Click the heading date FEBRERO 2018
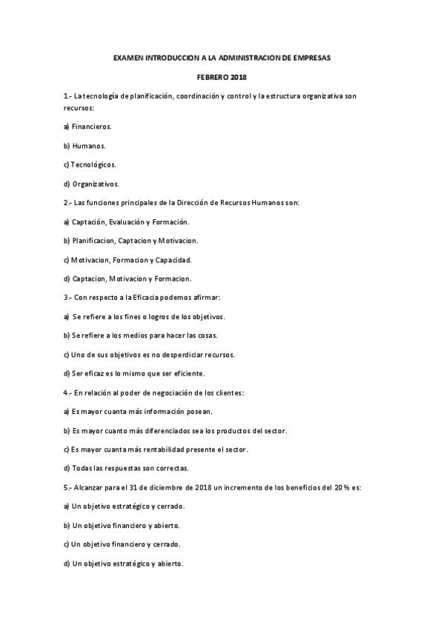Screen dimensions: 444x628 [x=222, y=77]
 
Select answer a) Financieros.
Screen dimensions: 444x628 [x=87, y=127]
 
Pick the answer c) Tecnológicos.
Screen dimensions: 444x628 [x=90, y=164]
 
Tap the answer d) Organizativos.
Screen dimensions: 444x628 [x=91, y=183]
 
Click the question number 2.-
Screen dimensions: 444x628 [x=68, y=202]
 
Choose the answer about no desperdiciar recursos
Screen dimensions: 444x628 [x=149, y=354]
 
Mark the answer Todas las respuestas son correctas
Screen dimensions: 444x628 [x=126, y=467]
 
